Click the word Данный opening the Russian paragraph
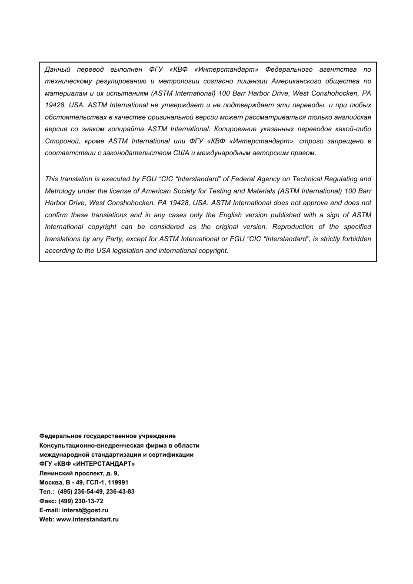[x=57, y=70]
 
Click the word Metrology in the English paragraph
[x=60, y=191]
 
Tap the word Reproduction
[x=293, y=227]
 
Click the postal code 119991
[x=118, y=482]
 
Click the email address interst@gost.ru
[x=85, y=511]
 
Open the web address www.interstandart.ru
[x=87, y=520]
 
